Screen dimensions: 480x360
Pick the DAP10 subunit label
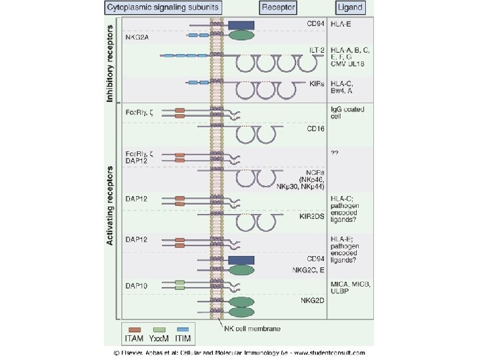pyautogui.click(x=137, y=285)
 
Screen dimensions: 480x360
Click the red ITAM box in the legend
pyautogui.click(x=135, y=329)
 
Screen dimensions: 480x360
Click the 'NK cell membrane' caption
pyautogui.click(x=253, y=329)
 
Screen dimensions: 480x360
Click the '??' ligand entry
pyautogui.click(x=335, y=153)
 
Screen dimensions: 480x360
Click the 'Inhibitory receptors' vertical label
pyautogui.click(x=111, y=60)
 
